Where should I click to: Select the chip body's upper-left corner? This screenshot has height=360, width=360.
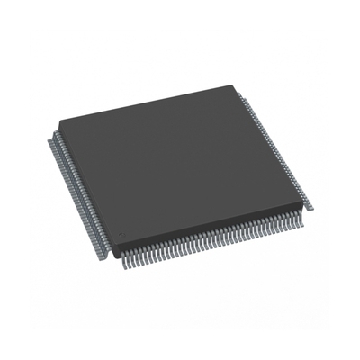click(56, 121)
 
